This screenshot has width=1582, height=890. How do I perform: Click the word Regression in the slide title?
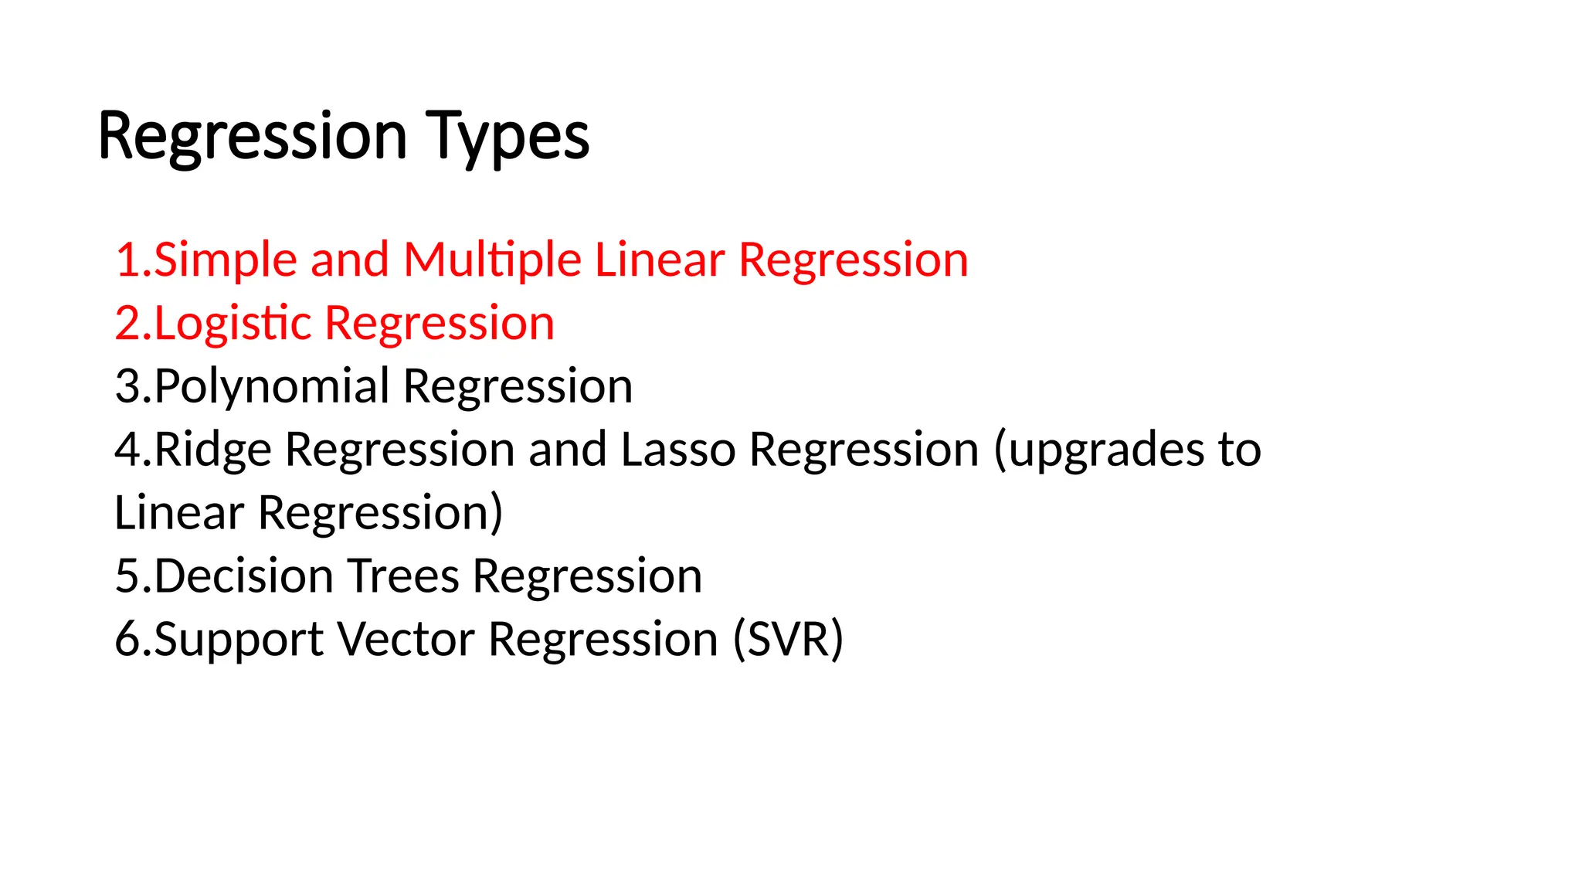pos(253,137)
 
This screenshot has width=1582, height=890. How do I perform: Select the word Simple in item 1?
pos(226,260)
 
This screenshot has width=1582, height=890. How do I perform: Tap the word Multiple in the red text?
pos(491,260)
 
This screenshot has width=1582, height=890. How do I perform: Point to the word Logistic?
pos(233,323)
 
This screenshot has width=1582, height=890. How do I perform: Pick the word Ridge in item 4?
pos(212,450)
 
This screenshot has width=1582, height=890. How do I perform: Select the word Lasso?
pos(677,450)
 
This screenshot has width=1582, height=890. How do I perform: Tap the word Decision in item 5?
pos(243,576)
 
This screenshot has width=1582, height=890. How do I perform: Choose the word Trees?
pos(403,576)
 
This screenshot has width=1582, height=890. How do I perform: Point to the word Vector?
pos(406,640)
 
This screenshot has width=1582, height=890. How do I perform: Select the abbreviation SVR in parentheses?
pos(787,640)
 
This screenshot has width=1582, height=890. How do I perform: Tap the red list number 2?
pos(128,323)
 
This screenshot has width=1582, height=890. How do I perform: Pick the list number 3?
pos(128,386)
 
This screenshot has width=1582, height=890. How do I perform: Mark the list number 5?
pos(128,576)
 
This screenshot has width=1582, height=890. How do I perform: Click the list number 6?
pos(128,640)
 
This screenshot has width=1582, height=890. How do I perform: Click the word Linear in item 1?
pos(660,260)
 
